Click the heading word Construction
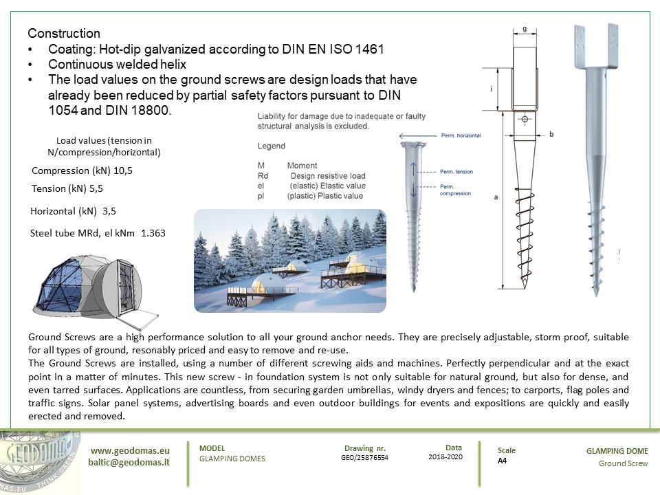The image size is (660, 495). pyautogui.click(x=64, y=34)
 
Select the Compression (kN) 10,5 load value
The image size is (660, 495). pyautogui.click(x=82, y=170)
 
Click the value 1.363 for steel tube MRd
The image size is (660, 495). pyautogui.click(x=153, y=234)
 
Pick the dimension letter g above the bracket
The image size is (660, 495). pyautogui.click(x=525, y=30)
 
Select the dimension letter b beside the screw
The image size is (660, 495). pyautogui.click(x=551, y=134)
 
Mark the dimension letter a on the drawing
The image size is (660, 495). pyautogui.click(x=496, y=197)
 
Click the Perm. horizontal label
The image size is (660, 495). pyautogui.click(x=461, y=136)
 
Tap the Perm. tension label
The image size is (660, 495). pyautogui.click(x=454, y=171)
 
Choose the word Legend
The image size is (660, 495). pyautogui.click(x=272, y=146)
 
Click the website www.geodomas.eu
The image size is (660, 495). pyautogui.click(x=130, y=450)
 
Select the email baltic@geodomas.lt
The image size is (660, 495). pyautogui.click(x=129, y=463)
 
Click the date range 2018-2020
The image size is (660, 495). pyautogui.click(x=445, y=456)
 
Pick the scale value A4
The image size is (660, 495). pyautogui.click(x=503, y=461)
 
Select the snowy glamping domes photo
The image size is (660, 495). pyautogui.click(x=289, y=261)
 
